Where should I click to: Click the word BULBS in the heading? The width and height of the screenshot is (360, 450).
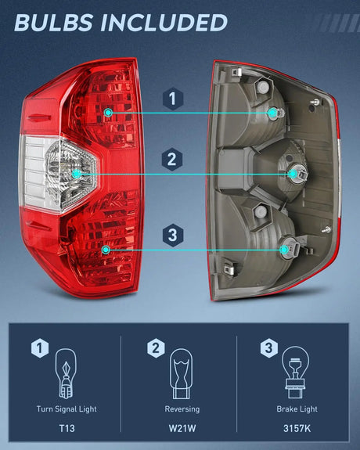click(52, 23)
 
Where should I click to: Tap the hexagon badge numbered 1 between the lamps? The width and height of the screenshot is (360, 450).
click(173, 99)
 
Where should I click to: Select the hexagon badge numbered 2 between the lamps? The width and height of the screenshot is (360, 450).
click(173, 160)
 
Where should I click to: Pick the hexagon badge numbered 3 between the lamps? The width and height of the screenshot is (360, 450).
click(173, 234)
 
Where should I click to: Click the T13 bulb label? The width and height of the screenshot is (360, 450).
click(66, 430)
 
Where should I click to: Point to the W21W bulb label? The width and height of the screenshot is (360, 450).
click(182, 430)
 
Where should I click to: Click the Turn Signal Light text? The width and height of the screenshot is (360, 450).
click(66, 409)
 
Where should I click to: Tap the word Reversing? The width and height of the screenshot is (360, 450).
click(182, 409)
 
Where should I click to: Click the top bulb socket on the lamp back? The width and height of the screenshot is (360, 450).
click(273, 113)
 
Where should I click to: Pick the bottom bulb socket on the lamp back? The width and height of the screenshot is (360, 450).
click(285, 249)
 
